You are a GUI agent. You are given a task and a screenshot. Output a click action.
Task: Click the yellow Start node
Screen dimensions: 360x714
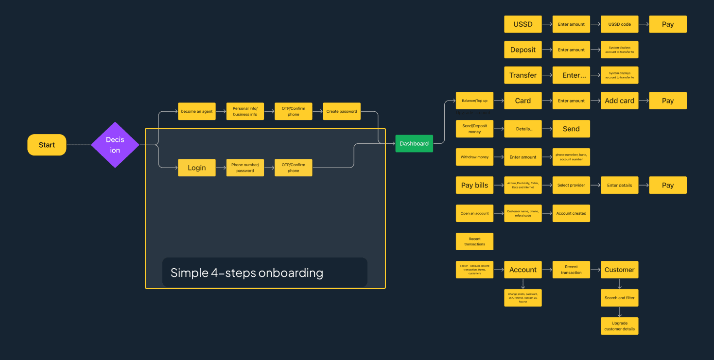click(47, 145)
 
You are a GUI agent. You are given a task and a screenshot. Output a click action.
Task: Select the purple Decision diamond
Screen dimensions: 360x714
click(115, 145)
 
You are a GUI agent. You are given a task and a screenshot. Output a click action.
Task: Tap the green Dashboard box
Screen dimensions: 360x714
click(414, 143)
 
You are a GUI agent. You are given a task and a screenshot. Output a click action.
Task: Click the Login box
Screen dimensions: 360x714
click(197, 168)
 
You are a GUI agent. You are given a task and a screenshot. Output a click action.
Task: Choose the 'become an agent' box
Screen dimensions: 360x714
click(197, 111)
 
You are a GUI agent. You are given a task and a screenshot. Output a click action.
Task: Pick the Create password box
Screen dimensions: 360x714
click(342, 111)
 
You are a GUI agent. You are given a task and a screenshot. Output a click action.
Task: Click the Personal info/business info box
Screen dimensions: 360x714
click(245, 111)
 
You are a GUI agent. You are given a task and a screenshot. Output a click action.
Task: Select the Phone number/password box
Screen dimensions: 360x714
click(245, 168)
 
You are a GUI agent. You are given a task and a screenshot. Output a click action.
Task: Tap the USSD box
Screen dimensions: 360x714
click(523, 24)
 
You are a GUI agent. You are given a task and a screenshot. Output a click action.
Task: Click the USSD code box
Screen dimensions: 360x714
click(620, 24)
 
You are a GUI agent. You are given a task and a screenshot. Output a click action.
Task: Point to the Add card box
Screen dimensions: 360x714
click(620, 101)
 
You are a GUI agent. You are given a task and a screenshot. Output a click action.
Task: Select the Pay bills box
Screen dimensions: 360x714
click(474, 185)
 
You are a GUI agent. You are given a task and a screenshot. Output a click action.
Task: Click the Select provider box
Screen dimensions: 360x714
click(571, 185)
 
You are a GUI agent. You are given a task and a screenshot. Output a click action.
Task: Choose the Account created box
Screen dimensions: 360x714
click(571, 213)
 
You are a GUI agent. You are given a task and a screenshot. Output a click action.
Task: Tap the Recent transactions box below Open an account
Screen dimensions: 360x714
click(474, 241)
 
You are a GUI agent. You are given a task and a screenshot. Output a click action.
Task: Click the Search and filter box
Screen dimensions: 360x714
click(620, 298)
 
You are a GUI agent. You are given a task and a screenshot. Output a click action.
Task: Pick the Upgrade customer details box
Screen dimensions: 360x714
click(620, 326)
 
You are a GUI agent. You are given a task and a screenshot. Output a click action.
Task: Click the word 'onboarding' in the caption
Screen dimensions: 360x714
click(291, 273)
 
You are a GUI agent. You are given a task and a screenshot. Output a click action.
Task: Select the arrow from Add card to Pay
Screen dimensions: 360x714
click(644, 101)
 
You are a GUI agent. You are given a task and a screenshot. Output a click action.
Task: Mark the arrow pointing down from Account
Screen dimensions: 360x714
click(523, 284)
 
